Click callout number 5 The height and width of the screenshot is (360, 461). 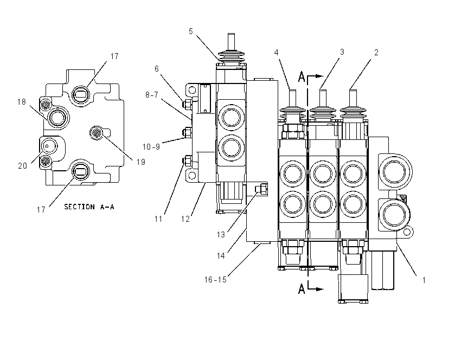point(191,31)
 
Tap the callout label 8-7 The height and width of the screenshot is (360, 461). point(152,95)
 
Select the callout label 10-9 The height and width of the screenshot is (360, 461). point(151,146)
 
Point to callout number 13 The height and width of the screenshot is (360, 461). point(221,235)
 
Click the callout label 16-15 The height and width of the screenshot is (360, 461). point(215,279)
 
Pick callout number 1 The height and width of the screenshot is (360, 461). point(424,280)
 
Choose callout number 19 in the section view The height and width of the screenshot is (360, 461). point(141,162)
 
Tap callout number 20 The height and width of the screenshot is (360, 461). point(23,166)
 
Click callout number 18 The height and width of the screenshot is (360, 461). point(22,102)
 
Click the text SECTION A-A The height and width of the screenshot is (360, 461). point(89,207)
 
